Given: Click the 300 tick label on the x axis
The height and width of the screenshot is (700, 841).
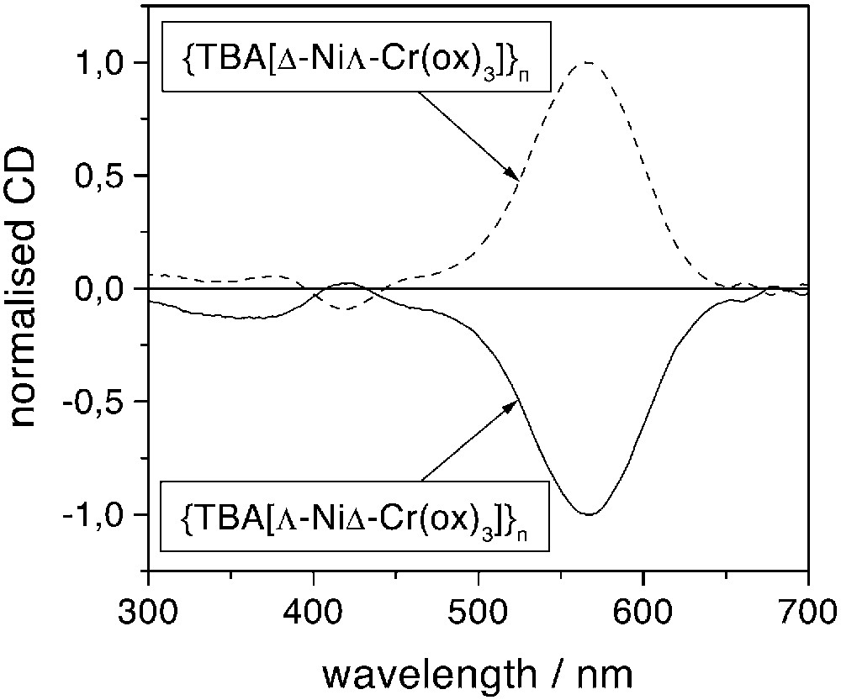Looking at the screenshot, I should [148, 604].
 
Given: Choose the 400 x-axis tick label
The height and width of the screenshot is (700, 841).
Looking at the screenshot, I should [313, 604].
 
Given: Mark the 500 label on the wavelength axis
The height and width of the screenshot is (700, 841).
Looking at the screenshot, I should [478, 604].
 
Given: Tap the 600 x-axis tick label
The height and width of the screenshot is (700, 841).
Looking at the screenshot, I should [643, 604].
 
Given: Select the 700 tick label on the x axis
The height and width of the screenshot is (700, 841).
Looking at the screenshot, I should [806, 604].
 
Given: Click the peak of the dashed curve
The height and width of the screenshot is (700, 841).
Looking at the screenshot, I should [586, 63].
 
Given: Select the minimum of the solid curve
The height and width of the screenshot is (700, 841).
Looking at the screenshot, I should [589, 514].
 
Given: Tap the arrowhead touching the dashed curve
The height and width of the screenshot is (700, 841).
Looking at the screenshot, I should [513, 174].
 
